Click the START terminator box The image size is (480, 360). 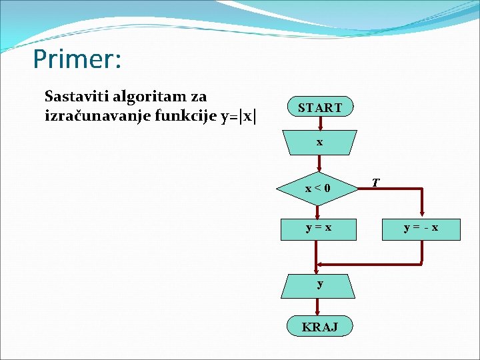[x=319, y=107]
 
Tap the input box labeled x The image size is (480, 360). [x=319, y=143]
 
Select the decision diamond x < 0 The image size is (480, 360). [x=317, y=189]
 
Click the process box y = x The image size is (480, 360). [x=319, y=228]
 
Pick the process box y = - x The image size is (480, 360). [x=421, y=228]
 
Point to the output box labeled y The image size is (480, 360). [x=320, y=284]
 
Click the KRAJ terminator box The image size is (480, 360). [x=319, y=326]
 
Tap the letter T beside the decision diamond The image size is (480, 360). [x=376, y=182]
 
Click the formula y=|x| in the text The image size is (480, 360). [x=237, y=116]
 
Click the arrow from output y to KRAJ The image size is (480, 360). [x=319, y=306]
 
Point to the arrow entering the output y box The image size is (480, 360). [x=317, y=267]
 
